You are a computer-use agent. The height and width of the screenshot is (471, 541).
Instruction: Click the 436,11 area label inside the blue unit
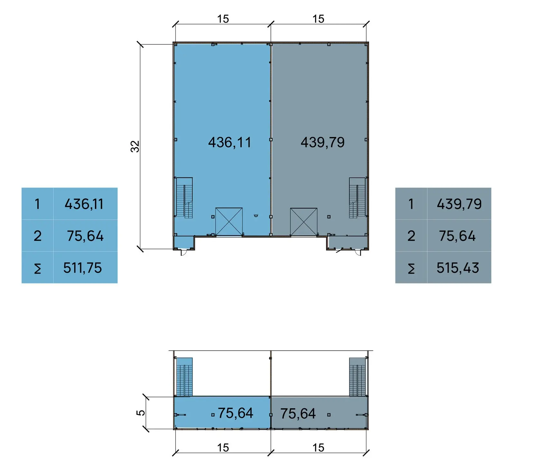[x=230, y=142]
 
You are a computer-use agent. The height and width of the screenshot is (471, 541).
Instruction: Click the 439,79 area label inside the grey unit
[x=323, y=142]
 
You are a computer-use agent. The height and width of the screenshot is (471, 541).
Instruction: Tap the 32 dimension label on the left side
[x=135, y=146]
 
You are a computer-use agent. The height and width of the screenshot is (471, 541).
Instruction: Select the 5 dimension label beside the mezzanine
[x=141, y=413]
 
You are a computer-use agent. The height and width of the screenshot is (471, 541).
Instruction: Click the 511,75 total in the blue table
[x=82, y=268]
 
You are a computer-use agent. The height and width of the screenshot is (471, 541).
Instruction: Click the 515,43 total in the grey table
[x=458, y=268]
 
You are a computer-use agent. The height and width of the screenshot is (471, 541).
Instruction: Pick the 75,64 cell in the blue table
[x=85, y=236]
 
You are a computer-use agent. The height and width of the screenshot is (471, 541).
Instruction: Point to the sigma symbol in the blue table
[x=38, y=268]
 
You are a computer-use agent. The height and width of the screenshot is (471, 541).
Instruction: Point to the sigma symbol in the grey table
[x=411, y=268]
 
